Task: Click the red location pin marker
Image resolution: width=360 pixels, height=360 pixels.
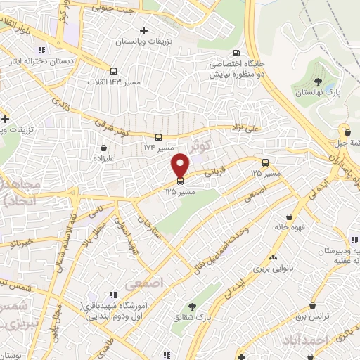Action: click(x=180, y=165)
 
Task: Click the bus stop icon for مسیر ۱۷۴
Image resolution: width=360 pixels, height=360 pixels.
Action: click(x=160, y=137)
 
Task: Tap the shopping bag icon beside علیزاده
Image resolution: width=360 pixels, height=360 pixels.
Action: click(x=105, y=148)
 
